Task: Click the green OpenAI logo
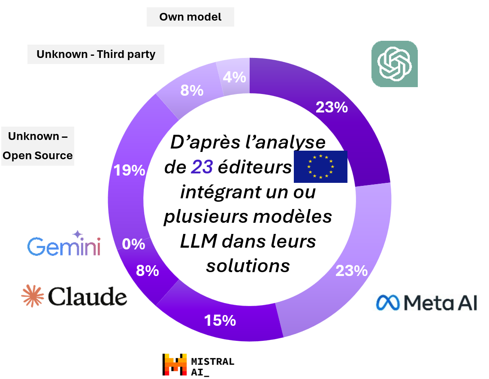[394, 64]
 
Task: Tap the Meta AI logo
[426, 303]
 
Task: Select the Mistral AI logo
[198, 365]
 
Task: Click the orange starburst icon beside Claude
[33, 296]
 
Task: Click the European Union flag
[320, 165]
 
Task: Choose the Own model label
[190, 17]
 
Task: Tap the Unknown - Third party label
[96, 55]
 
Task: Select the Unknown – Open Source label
[38, 146]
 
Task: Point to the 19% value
[129, 170]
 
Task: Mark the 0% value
[133, 244]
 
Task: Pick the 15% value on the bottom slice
[220, 320]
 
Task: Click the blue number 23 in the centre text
[202, 167]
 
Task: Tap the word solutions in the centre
[248, 266]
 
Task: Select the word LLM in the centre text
[198, 241]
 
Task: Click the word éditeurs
[255, 167]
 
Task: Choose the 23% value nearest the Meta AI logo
[352, 271]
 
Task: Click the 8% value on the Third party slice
[191, 91]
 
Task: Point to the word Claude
[88, 296]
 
